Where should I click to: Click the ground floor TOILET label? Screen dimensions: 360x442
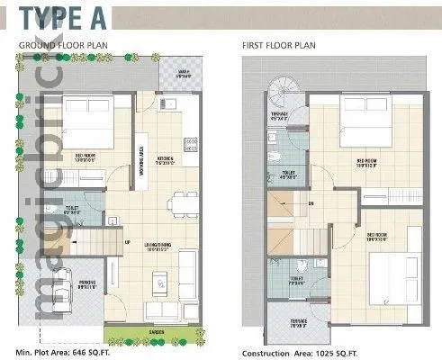(75, 210)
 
